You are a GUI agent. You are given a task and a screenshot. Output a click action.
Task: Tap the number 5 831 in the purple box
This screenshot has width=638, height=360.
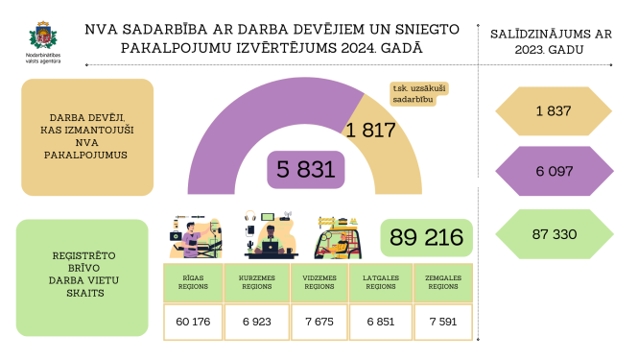(x=306, y=170)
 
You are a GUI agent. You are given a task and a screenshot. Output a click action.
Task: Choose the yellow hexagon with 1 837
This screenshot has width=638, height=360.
(x=554, y=112)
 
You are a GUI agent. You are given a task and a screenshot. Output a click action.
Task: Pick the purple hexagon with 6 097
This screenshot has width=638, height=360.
(x=554, y=172)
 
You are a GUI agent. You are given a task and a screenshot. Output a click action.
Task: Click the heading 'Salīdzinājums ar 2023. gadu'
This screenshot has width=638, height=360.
(x=554, y=41)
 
